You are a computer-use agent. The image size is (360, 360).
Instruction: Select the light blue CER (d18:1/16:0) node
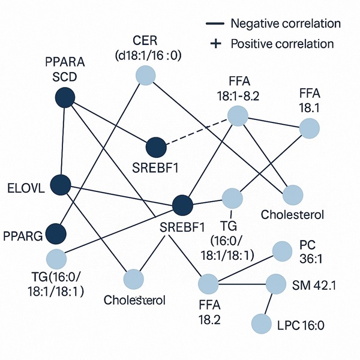[x=145, y=76]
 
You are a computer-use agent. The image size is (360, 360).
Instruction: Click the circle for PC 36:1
[x=281, y=251]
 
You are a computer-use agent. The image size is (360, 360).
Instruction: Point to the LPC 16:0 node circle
[x=262, y=324]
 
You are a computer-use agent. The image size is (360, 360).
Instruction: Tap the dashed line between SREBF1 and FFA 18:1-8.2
[x=196, y=131]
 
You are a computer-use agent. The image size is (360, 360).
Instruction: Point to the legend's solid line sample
[x=215, y=24]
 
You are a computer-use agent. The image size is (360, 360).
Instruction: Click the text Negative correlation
[x=286, y=24]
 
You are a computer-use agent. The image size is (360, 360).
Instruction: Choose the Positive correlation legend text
[x=282, y=44]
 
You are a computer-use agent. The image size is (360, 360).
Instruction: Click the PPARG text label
[x=23, y=236]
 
